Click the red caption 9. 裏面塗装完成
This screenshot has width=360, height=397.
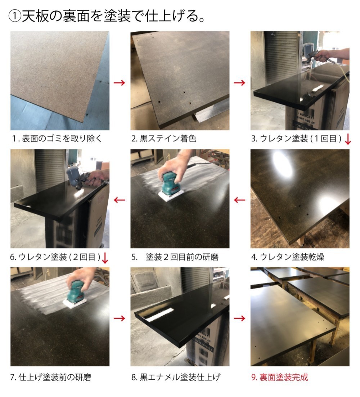click(279, 377)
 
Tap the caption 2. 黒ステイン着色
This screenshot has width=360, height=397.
click(163, 138)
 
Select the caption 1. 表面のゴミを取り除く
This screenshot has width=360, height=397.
click(57, 138)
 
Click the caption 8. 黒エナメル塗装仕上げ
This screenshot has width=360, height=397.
click(176, 377)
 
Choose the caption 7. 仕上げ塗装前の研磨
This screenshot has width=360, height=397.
click(51, 377)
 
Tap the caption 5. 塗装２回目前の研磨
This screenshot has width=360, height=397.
click(175, 257)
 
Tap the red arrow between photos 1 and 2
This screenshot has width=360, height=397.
click(120, 83)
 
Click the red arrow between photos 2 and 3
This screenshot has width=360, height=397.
click(239, 83)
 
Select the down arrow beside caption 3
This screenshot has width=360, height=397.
click(348, 139)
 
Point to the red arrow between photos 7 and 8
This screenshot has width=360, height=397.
click(120, 318)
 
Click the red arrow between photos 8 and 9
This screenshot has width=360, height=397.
click(239, 318)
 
